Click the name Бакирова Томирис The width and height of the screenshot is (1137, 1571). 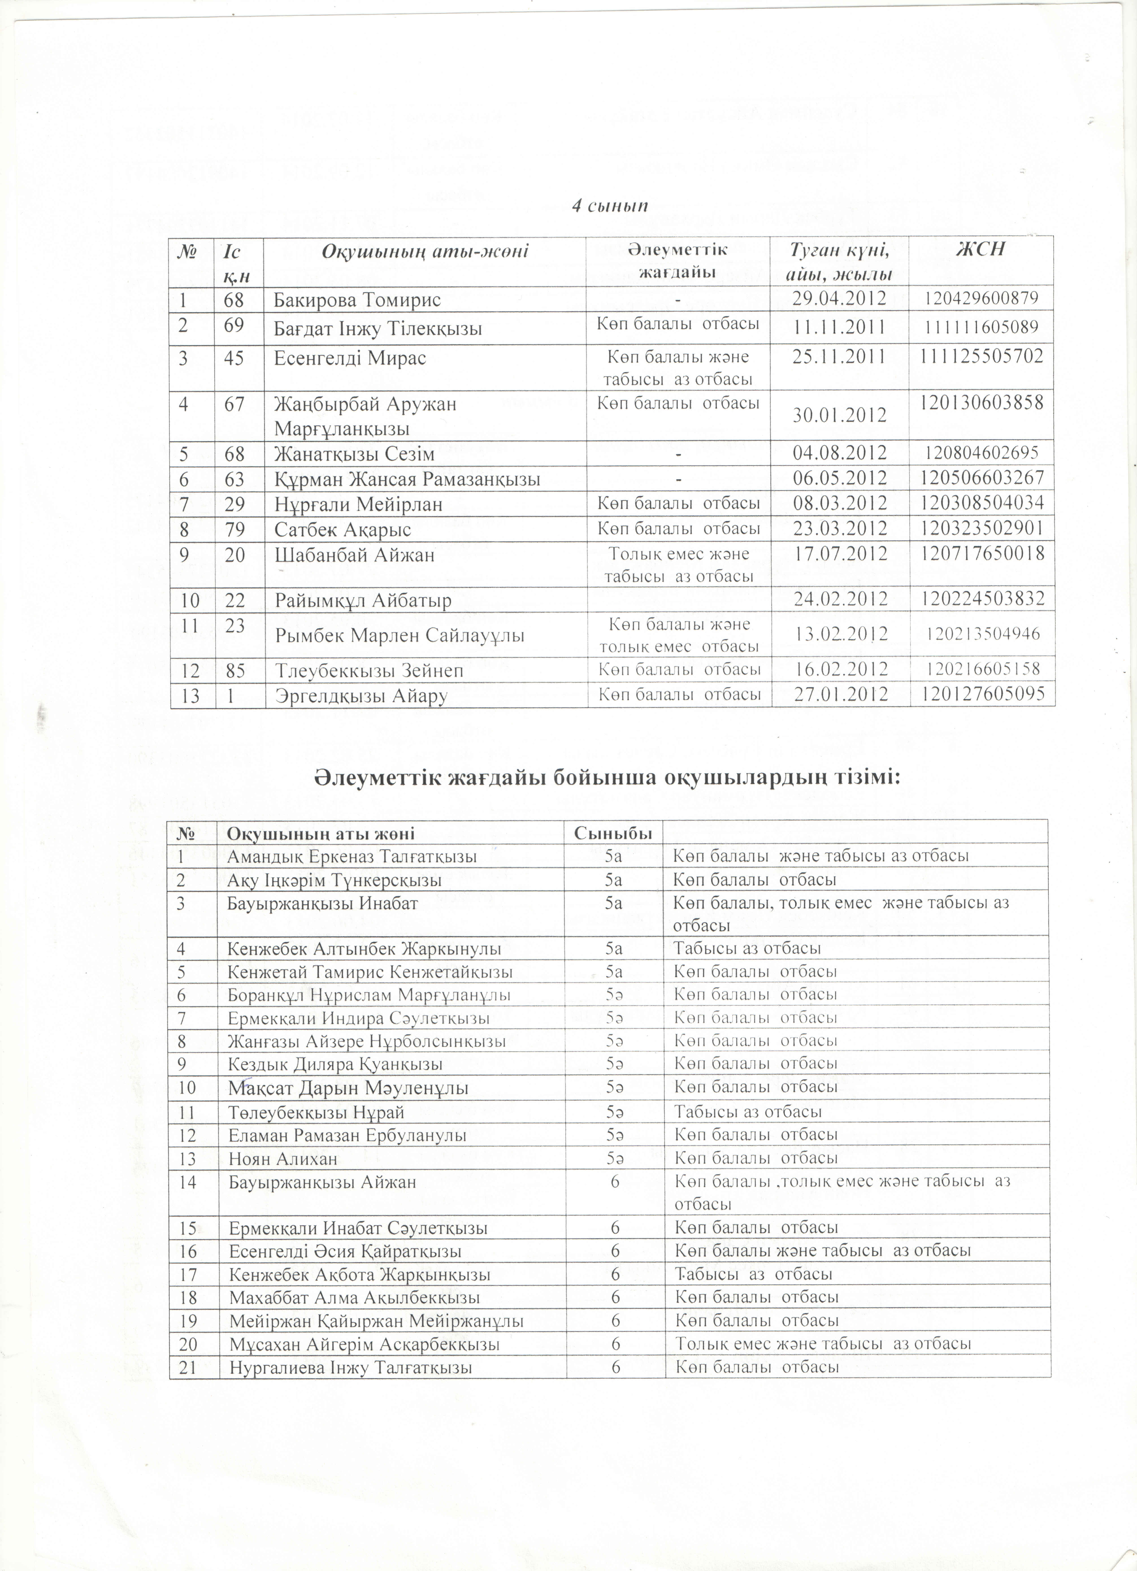(x=357, y=300)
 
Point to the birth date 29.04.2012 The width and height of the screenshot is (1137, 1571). (x=840, y=299)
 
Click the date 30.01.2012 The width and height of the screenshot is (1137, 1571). (x=840, y=414)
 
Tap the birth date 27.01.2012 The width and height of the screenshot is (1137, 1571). (x=840, y=693)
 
